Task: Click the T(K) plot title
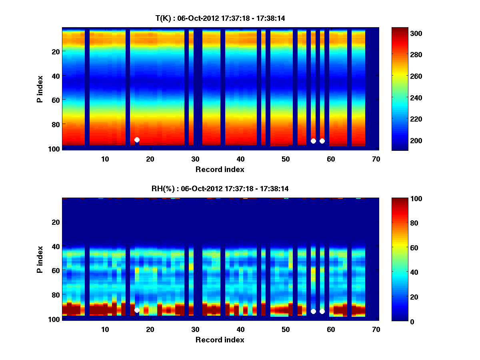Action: coord(220,18)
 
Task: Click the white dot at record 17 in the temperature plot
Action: coord(137,140)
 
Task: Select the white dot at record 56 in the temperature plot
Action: coord(313,141)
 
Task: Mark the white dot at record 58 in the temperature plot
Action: coord(322,141)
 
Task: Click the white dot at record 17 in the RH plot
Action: coord(137,310)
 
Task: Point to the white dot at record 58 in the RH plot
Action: coord(322,311)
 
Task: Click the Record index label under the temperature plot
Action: coord(220,169)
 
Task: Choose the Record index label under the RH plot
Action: coord(220,340)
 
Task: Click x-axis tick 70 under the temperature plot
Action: coord(376,159)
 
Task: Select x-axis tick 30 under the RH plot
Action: coord(195,329)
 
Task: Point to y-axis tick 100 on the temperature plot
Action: coord(54,148)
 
